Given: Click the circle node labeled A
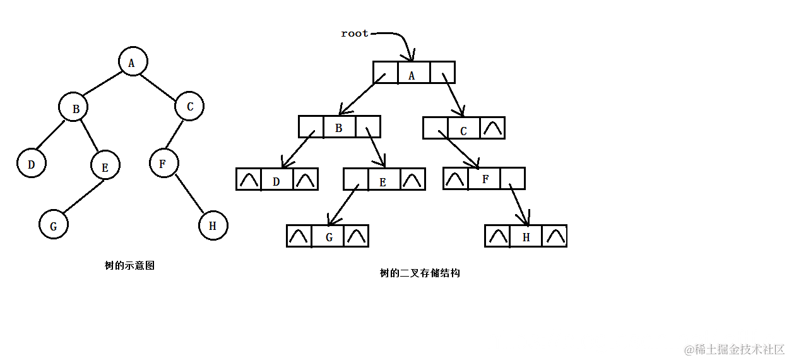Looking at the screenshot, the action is pyautogui.click(x=133, y=62).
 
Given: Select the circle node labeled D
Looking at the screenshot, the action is pyautogui.click(x=32, y=164).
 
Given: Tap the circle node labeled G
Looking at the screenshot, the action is pyautogui.click(x=54, y=225).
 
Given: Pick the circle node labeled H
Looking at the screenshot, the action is pyautogui.click(x=213, y=225).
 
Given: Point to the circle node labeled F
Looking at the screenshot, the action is pyautogui.click(x=164, y=164).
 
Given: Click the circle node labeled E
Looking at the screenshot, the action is pyautogui.click(x=105, y=166).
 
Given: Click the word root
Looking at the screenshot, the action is pyautogui.click(x=355, y=33).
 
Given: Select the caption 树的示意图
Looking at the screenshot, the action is pyautogui.click(x=129, y=266).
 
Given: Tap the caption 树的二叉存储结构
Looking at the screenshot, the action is pyautogui.click(x=420, y=273).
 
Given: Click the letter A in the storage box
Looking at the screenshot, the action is pyautogui.click(x=412, y=75).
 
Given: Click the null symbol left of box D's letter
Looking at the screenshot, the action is pyautogui.click(x=249, y=180).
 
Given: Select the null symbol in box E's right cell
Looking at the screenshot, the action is pyautogui.click(x=413, y=180).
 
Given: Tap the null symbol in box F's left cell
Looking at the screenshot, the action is pyautogui.click(x=454, y=179).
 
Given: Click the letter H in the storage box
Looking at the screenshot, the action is pyautogui.click(x=526, y=237).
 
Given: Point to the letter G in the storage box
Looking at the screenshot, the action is pyautogui.click(x=329, y=237).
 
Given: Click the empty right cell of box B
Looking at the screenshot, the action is pyautogui.click(x=367, y=127).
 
